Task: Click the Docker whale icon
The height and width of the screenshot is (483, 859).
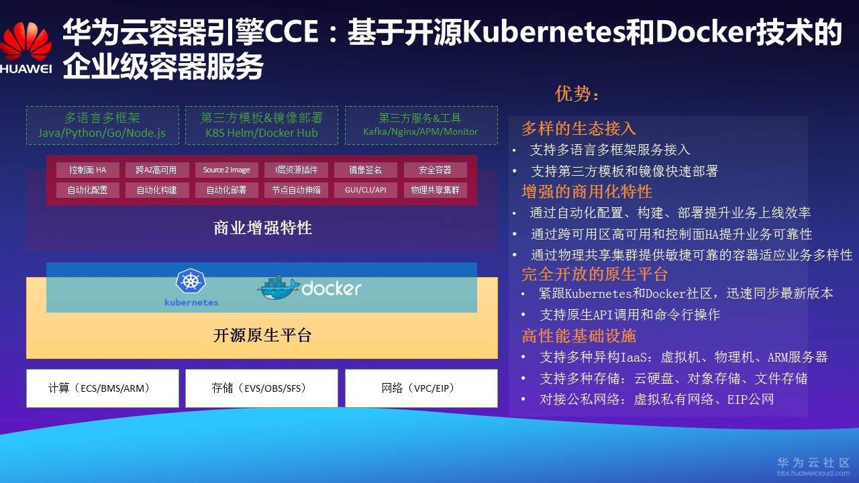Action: click(x=278, y=288)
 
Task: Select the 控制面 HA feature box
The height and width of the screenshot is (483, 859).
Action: click(x=87, y=170)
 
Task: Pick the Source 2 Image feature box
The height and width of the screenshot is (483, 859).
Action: click(x=226, y=170)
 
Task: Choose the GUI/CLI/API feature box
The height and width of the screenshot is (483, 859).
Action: click(x=366, y=190)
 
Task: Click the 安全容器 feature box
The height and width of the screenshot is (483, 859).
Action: click(x=435, y=170)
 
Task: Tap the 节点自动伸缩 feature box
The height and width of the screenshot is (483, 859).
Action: click(x=296, y=190)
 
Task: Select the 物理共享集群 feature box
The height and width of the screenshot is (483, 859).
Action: click(x=435, y=190)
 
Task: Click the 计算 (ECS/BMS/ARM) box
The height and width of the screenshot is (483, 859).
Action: click(x=103, y=388)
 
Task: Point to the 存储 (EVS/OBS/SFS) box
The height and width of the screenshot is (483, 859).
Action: click(x=262, y=388)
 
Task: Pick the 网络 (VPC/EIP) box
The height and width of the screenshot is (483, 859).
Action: click(x=421, y=388)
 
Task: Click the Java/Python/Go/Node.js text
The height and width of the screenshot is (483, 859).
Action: click(x=102, y=133)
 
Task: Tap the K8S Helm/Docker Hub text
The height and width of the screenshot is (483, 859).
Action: click(x=262, y=133)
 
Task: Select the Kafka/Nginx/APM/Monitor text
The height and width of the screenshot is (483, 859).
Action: click(x=421, y=132)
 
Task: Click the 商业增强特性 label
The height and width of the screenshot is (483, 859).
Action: click(x=262, y=228)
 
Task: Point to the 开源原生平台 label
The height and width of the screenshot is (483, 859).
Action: click(x=262, y=335)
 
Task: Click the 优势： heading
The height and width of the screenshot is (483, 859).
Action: click(x=577, y=94)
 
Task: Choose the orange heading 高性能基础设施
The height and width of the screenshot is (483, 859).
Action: click(x=578, y=335)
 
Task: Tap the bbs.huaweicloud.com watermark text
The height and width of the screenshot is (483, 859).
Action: click(x=813, y=473)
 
